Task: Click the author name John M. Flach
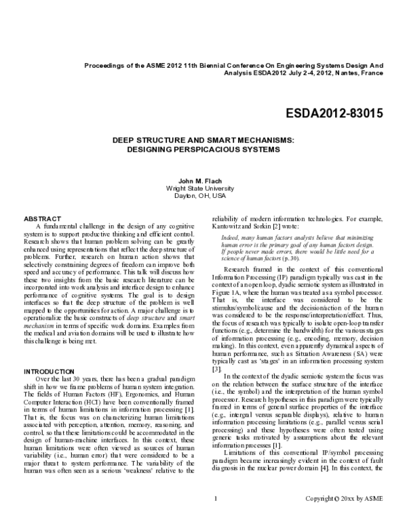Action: (x=203, y=182)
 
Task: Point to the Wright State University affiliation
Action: (x=203, y=188)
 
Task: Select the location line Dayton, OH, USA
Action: (x=203, y=195)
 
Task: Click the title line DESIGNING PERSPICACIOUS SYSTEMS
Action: (x=203, y=148)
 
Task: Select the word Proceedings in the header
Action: (x=104, y=66)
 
